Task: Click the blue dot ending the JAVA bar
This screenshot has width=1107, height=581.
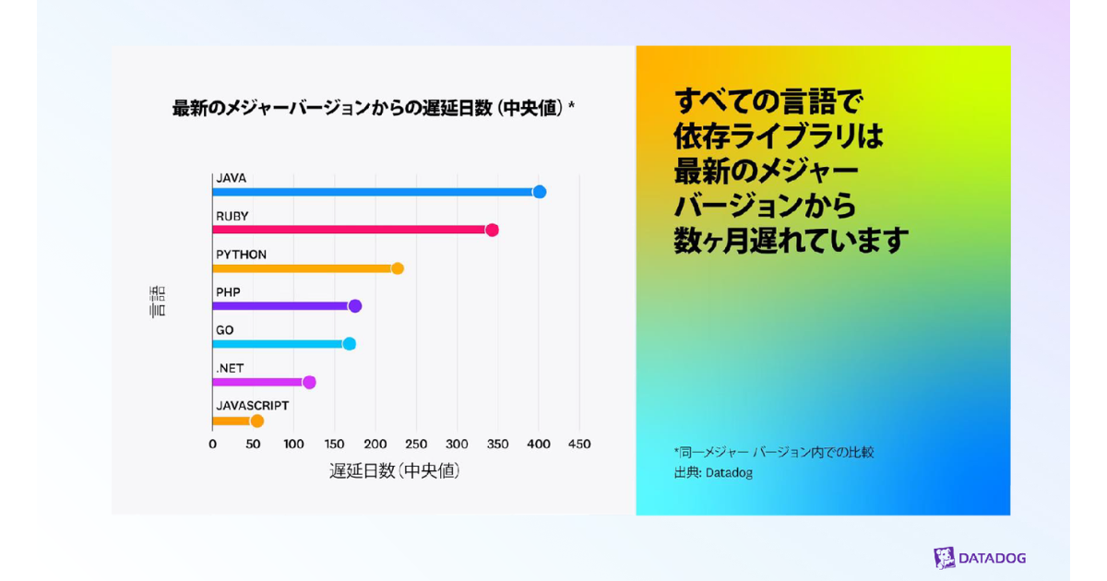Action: coord(540,192)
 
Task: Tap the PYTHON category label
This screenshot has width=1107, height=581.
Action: coord(241,255)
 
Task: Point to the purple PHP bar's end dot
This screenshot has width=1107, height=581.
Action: coord(355,306)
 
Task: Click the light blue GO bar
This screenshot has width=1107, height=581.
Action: coord(277,344)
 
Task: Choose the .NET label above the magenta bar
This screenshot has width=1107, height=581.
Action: coord(230,368)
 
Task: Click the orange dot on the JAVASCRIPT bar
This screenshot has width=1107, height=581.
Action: coord(257,421)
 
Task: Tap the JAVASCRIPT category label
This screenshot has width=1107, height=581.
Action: coord(252,406)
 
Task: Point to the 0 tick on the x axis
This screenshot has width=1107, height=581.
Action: coord(212,445)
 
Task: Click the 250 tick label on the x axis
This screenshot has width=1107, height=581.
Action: coord(416,445)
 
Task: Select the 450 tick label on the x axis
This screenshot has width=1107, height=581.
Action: coord(578,445)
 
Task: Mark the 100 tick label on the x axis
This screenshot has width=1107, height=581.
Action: coord(293,445)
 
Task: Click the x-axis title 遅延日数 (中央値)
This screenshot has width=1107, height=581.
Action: coord(395,470)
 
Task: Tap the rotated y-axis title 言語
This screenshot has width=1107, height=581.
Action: coord(158,302)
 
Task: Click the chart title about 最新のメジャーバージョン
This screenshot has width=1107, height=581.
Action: coord(374,108)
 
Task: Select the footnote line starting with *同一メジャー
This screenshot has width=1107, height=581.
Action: coord(774,452)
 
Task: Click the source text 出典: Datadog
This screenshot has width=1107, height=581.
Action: coord(713,473)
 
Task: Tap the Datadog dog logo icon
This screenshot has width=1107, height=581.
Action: coord(944,558)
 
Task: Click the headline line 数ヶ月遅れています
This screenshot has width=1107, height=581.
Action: coord(792,241)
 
